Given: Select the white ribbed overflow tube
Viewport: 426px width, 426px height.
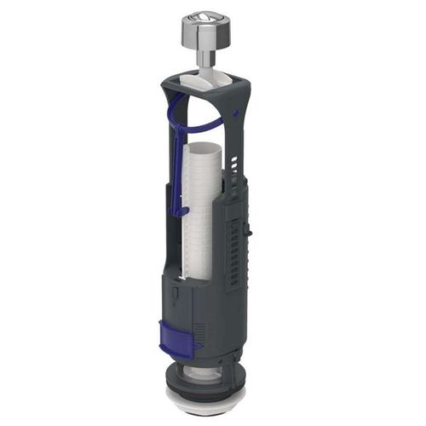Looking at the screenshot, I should pos(204,213).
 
